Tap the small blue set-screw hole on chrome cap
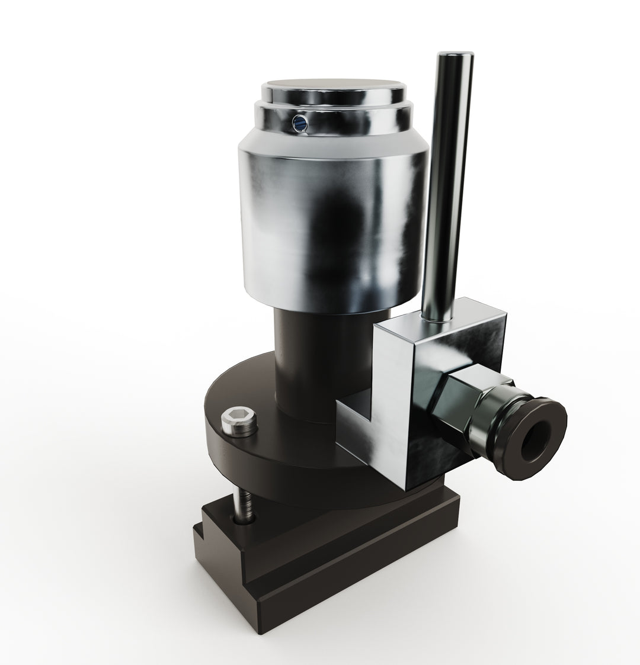point(300,123)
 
